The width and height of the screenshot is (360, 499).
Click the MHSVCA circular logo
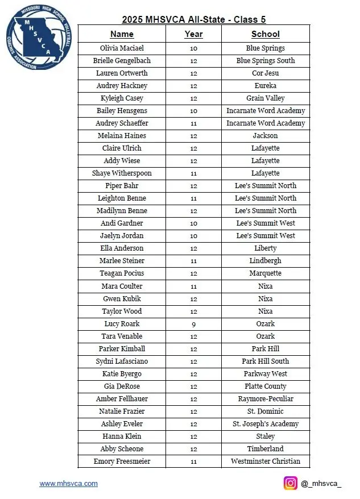[x=40, y=39]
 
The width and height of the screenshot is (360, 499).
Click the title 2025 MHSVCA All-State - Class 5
[x=193, y=18]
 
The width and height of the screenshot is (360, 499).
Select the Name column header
[x=122, y=34]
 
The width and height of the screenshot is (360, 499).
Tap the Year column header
[x=193, y=34]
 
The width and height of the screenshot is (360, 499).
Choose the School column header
[x=265, y=34]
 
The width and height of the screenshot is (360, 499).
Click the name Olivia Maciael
[x=122, y=48]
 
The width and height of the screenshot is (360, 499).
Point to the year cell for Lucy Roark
[x=193, y=324]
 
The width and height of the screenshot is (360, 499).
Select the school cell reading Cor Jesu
[x=265, y=73]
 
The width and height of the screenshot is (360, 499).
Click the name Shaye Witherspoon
[x=122, y=173]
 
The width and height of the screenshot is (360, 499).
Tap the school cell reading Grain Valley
[x=265, y=98]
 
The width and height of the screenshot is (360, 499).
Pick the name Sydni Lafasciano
[x=122, y=361]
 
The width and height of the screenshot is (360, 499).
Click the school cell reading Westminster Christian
[x=265, y=461]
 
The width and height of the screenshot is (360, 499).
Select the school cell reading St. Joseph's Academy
[x=265, y=424]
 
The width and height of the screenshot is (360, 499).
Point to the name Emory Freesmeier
[x=122, y=461]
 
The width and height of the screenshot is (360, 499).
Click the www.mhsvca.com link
[x=68, y=484]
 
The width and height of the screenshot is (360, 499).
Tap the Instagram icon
[x=291, y=483]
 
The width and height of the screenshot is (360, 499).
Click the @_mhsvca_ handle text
[x=321, y=484]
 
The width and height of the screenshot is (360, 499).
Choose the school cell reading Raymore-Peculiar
[x=265, y=399]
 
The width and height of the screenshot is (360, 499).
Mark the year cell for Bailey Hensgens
[x=193, y=111]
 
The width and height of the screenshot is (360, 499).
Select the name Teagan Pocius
[x=122, y=273]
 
